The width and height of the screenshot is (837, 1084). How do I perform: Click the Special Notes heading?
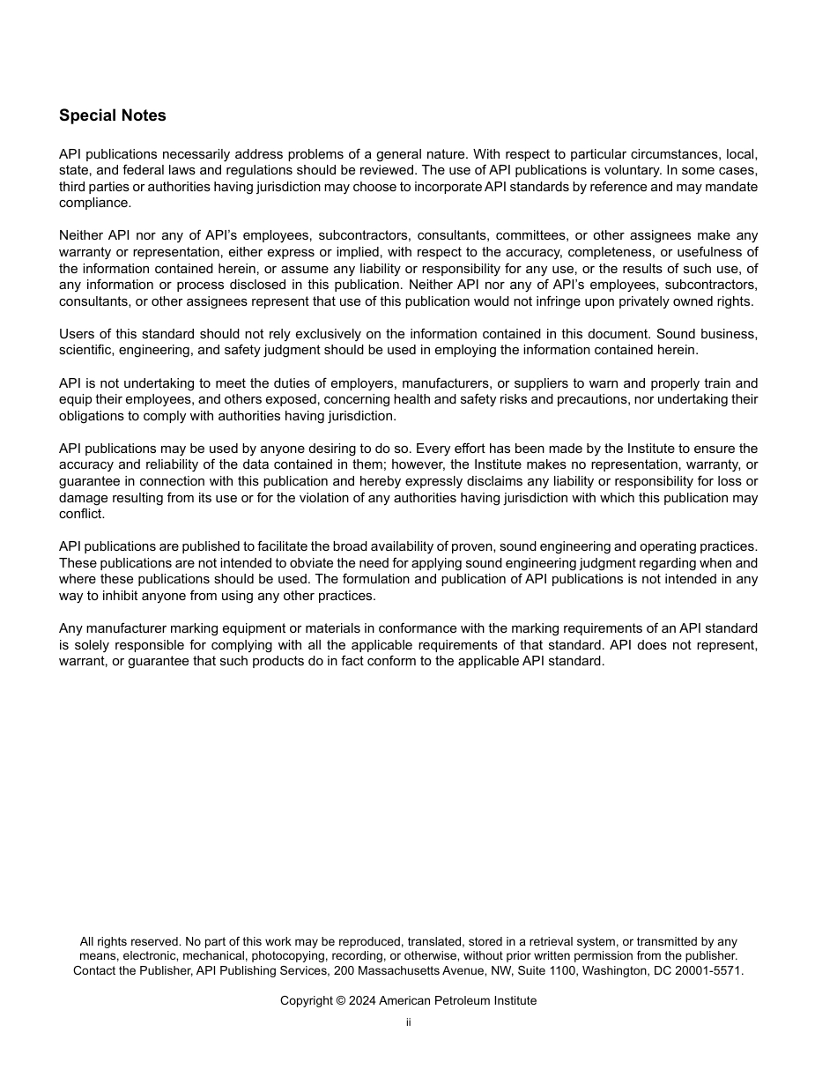(x=112, y=115)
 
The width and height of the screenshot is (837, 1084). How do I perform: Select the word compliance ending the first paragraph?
(x=94, y=203)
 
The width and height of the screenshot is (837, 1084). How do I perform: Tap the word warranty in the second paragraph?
(x=85, y=252)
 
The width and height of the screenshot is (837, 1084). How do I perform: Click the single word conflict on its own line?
(x=81, y=514)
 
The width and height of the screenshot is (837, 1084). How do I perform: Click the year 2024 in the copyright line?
(x=363, y=1001)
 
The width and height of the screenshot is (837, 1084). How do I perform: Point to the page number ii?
(x=409, y=1023)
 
